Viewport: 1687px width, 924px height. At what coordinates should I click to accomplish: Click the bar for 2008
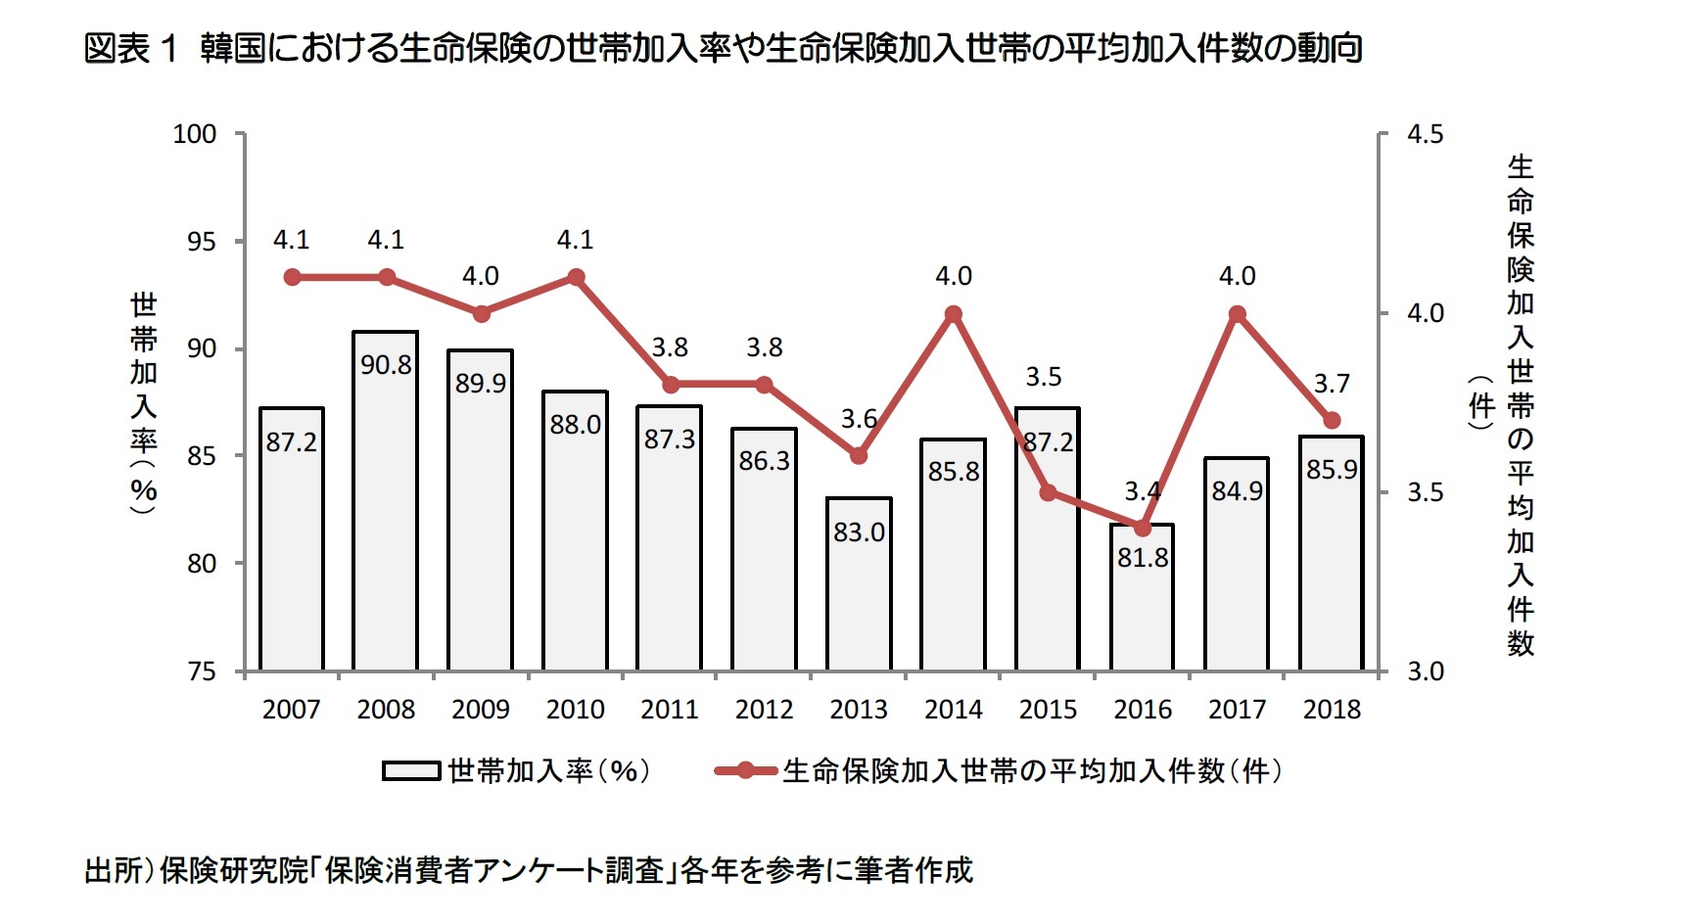[x=386, y=509]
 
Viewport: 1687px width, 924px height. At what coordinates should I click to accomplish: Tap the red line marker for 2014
[x=954, y=314]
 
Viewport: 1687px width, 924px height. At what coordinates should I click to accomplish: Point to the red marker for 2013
[x=859, y=456]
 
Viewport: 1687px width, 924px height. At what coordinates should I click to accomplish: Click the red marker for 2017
[x=1237, y=314]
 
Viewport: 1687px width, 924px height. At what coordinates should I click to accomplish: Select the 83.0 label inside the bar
[x=859, y=532]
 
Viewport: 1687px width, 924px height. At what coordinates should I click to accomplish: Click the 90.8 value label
[x=386, y=365]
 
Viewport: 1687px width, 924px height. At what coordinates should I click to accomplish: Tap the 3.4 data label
[x=1142, y=490]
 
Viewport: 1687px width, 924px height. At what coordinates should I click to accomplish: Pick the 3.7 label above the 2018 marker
[x=1332, y=384]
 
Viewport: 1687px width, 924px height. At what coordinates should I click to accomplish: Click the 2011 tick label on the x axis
[x=670, y=710]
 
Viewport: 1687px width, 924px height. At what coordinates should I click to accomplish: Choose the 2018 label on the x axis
[x=1332, y=710]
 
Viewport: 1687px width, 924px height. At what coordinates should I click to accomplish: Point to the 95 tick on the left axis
[x=201, y=242]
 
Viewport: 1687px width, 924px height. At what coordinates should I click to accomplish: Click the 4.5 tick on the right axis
[x=1425, y=134]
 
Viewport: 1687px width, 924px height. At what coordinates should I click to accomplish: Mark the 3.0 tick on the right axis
[x=1425, y=671]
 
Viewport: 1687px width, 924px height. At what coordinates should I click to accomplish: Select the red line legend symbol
[x=745, y=771]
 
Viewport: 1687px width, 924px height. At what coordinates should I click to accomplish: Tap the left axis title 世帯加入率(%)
[x=144, y=401]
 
